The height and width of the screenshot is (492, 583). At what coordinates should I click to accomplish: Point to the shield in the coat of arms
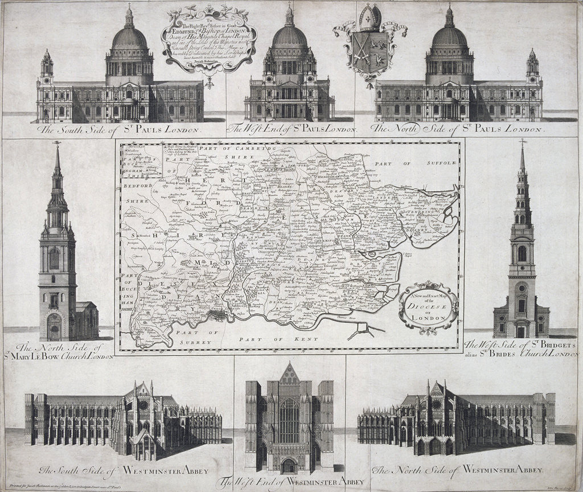pyautogui.click(x=370, y=51)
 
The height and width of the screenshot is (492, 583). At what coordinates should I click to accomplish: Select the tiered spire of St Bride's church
pyautogui.click(x=522, y=182)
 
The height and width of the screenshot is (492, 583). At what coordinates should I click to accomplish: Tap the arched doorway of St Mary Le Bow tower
pyautogui.click(x=54, y=328)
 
